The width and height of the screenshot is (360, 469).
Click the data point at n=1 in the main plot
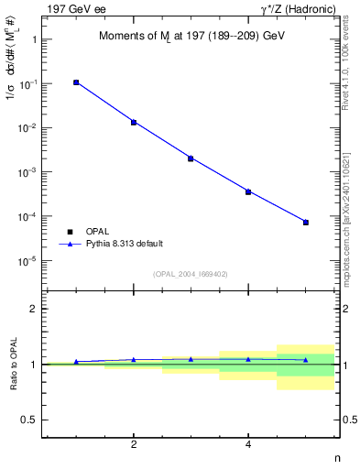pyautogui.click(x=76, y=82)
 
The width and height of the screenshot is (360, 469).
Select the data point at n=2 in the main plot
pyautogui.click(x=134, y=122)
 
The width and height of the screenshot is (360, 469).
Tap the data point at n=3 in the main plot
pyautogui.click(x=191, y=158)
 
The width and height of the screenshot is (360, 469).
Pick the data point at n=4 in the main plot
pyautogui.click(x=248, y=191)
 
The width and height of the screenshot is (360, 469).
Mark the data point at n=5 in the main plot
pyautogui.click(x=306, y=223)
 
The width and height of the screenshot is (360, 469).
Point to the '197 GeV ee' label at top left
pyautogui.click(x=71, y=8)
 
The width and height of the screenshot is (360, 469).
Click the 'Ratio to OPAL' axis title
pyautogui.click(x=15, y=365)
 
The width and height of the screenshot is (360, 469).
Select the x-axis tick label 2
pyautogui.click(x=134, y=446)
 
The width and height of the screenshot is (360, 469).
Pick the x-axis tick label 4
pyautogui.click(x=248, y=446)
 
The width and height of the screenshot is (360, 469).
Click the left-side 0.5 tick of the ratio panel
pyautogui.click(x=29, y=420)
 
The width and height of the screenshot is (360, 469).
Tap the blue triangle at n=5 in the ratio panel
pyautogui.click(x=306, y=360)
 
